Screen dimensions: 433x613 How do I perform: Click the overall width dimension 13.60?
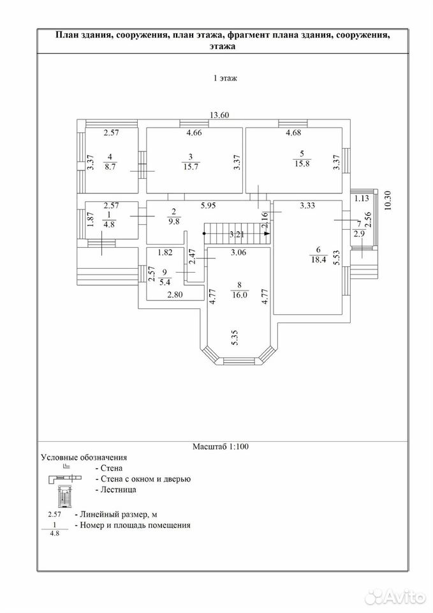click(x=219, y=115)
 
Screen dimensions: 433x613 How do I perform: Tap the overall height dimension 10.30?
click(x=388, y=203)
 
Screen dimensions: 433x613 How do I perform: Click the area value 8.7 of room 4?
click(x=110, y=167)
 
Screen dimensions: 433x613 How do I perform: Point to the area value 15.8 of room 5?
click(x=302, y=163)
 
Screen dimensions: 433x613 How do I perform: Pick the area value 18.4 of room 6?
click(x=318, y=259)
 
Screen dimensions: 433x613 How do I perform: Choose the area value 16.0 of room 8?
click(x=239, y=295)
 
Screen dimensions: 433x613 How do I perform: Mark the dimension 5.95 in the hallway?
click(x=208, y=205)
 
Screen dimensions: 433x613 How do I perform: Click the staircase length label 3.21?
click(x=237, y=234)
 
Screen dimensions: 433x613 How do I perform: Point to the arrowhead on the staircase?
click(x=267, y=234)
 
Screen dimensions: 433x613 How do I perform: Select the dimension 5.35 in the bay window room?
click(x=235, y=337)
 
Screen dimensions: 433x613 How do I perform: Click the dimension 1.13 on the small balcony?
click(x=362, y=198)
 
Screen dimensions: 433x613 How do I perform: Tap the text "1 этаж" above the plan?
click(x=225, y=78)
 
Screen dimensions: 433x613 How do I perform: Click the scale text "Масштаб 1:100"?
click(x=221, y=446)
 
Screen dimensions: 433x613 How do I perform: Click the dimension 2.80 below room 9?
click(x=175, y=295)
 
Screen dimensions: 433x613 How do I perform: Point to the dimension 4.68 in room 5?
click(x=293, y=133)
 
